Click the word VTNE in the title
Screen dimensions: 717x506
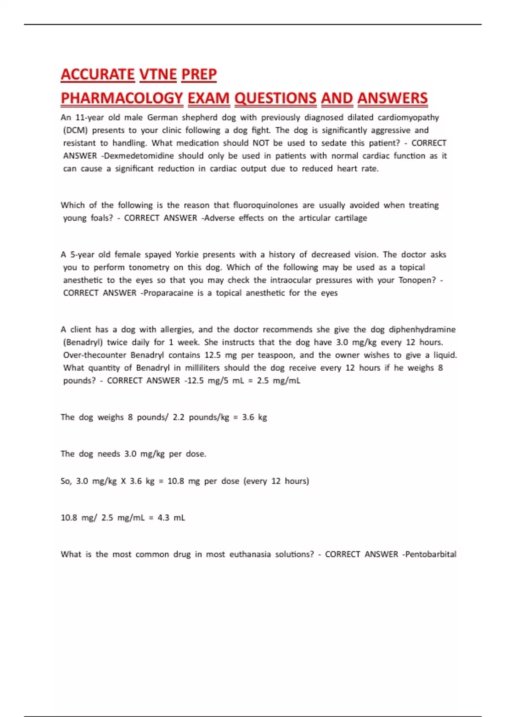[158, 75]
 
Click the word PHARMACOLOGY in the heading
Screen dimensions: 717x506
[122, 98]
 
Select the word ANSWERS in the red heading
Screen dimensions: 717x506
[392, 98]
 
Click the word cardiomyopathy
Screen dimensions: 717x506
[408, 118]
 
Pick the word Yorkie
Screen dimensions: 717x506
[186, 255]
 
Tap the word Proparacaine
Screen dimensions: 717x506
[168, 293]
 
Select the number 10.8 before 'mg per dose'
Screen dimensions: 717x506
[175, 481]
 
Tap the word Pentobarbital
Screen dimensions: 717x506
[430, 555]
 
